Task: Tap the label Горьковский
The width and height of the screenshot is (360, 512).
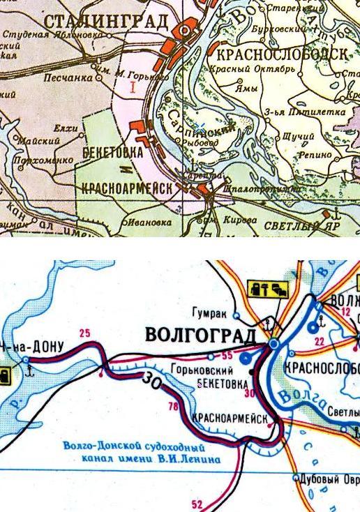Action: point(195,371)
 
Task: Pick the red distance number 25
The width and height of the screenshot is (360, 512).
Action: point(86,332)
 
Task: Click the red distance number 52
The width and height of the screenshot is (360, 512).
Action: point(197,504)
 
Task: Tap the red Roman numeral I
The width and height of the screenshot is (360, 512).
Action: point(132,87)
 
